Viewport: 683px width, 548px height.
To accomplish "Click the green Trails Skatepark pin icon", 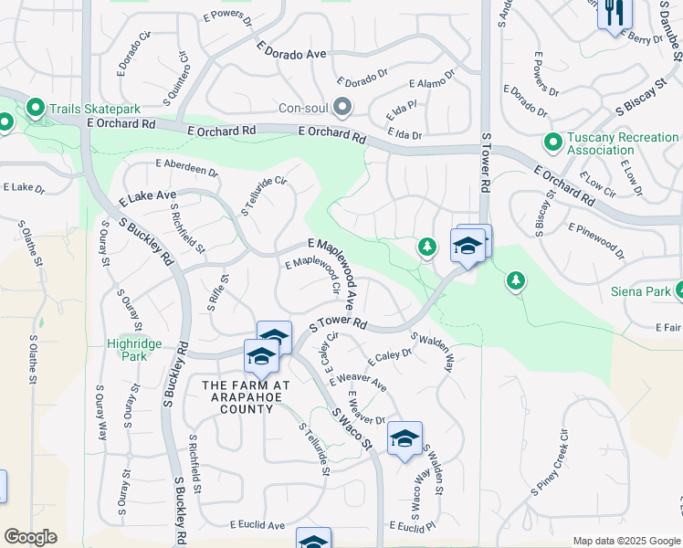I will point(37,110).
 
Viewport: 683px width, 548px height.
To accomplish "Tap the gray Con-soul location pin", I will point(342,108).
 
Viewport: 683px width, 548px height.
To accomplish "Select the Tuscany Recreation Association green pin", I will point(552,142).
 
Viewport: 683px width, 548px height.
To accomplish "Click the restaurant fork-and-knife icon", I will point(614,13).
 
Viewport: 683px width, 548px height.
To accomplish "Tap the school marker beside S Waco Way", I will point(405,439).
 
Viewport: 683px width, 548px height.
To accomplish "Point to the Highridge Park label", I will point(134,349).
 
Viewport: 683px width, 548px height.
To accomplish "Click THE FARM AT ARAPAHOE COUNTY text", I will point(246,397).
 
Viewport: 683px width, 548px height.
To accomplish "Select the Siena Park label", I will point(641,292).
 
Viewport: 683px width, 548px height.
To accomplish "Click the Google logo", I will point(30,537).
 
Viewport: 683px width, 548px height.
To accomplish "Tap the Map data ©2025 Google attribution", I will point(625,541).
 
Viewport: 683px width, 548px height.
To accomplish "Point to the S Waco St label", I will point(352,428).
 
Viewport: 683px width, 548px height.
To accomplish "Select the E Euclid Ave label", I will point(257,525).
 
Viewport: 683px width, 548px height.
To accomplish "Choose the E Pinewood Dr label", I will point(596,240).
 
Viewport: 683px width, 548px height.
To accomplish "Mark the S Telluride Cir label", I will point(263,195).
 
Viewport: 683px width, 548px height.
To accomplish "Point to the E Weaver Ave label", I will point(361,381).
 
